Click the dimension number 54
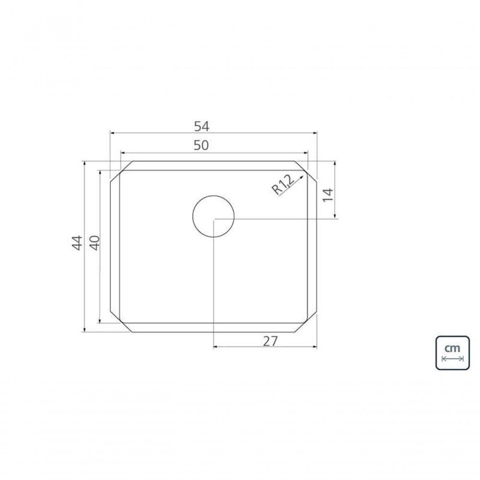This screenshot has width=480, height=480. [202, 126]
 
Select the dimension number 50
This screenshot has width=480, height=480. [202, 145]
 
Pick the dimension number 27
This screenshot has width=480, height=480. [270, 341]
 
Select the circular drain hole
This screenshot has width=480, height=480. [213, 216]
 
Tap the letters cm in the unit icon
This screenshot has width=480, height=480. [452, 347]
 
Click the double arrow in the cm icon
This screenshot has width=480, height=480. [452, 359]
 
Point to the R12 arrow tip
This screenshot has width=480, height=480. [303, 175]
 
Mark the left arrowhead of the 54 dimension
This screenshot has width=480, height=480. [112, 133]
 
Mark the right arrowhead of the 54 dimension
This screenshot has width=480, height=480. [315, 133]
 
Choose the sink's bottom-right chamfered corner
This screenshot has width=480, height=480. [306, 322]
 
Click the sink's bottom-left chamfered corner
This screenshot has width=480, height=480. [121, 322]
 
